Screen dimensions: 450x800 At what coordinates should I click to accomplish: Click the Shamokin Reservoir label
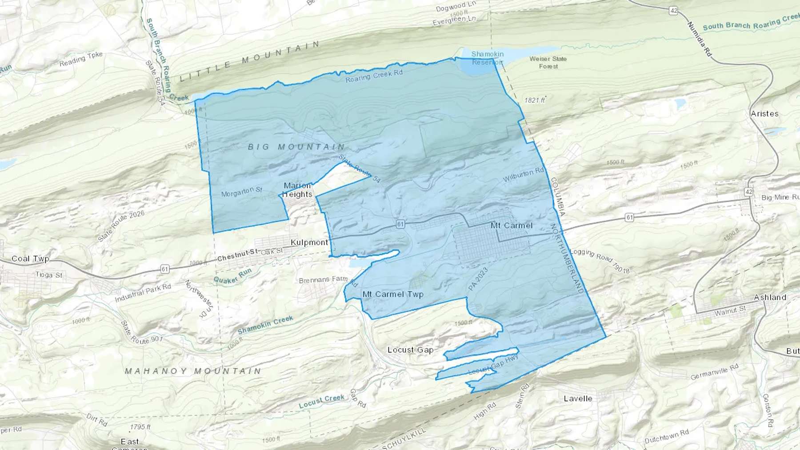pyautogui.click(x=487, y=58)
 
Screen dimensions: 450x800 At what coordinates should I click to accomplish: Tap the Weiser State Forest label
pyautogui.click(x=548, y=62)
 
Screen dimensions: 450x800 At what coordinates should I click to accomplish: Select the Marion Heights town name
pyautogui.click(x=297, y=190)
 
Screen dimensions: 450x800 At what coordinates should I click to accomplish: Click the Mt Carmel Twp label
pyautogui.click(x=393, y=294)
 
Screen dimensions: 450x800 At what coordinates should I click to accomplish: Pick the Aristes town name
pyautogui.click(x=764, y=114)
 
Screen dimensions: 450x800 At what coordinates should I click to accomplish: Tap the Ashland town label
pyautogui.click(x=770, y=297)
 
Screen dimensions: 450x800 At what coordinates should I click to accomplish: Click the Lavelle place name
pyautogui.click(x=578, y=398)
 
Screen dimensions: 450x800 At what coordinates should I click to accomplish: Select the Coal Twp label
pyautogui.click(x=30, y=259)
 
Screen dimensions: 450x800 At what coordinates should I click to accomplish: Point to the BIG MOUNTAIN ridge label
pyautogui.click(x=296, y=147)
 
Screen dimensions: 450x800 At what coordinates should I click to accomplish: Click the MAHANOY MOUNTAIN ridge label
pyautogui.click(x=193, y=371)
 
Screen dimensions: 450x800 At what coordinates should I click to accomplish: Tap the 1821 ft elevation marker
pyautogui.click(x=535, y=100)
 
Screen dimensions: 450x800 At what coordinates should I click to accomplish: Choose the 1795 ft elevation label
pyautogui.click(x=140, y=427)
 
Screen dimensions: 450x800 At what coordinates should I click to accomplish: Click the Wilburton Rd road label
pyautogui.click(x=523, y=175)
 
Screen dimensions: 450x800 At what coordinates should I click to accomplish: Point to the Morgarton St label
pyautogui.click(x=242, y=192)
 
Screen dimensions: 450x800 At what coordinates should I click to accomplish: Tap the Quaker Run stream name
pyautogui.click(x=232, y=276)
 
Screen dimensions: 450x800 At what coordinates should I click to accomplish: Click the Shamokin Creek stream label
pyautogui.click(x=265, y=325)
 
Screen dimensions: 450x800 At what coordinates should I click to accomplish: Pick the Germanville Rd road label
pyautogui.click(x=714, y=372)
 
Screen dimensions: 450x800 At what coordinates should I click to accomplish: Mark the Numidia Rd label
pyautogui.click(x=699, y=39)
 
